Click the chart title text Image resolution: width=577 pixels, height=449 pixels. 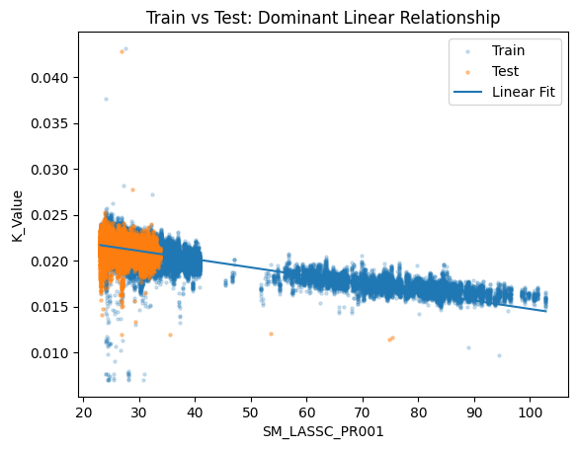click(323, 18)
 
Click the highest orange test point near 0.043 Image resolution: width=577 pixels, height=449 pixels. click(122, 51)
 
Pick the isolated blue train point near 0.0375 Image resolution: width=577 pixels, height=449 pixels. click(106, 99)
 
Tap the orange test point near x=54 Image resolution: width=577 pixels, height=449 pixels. click(271, 334)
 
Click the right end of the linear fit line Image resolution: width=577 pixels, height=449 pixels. click(545, 312)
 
